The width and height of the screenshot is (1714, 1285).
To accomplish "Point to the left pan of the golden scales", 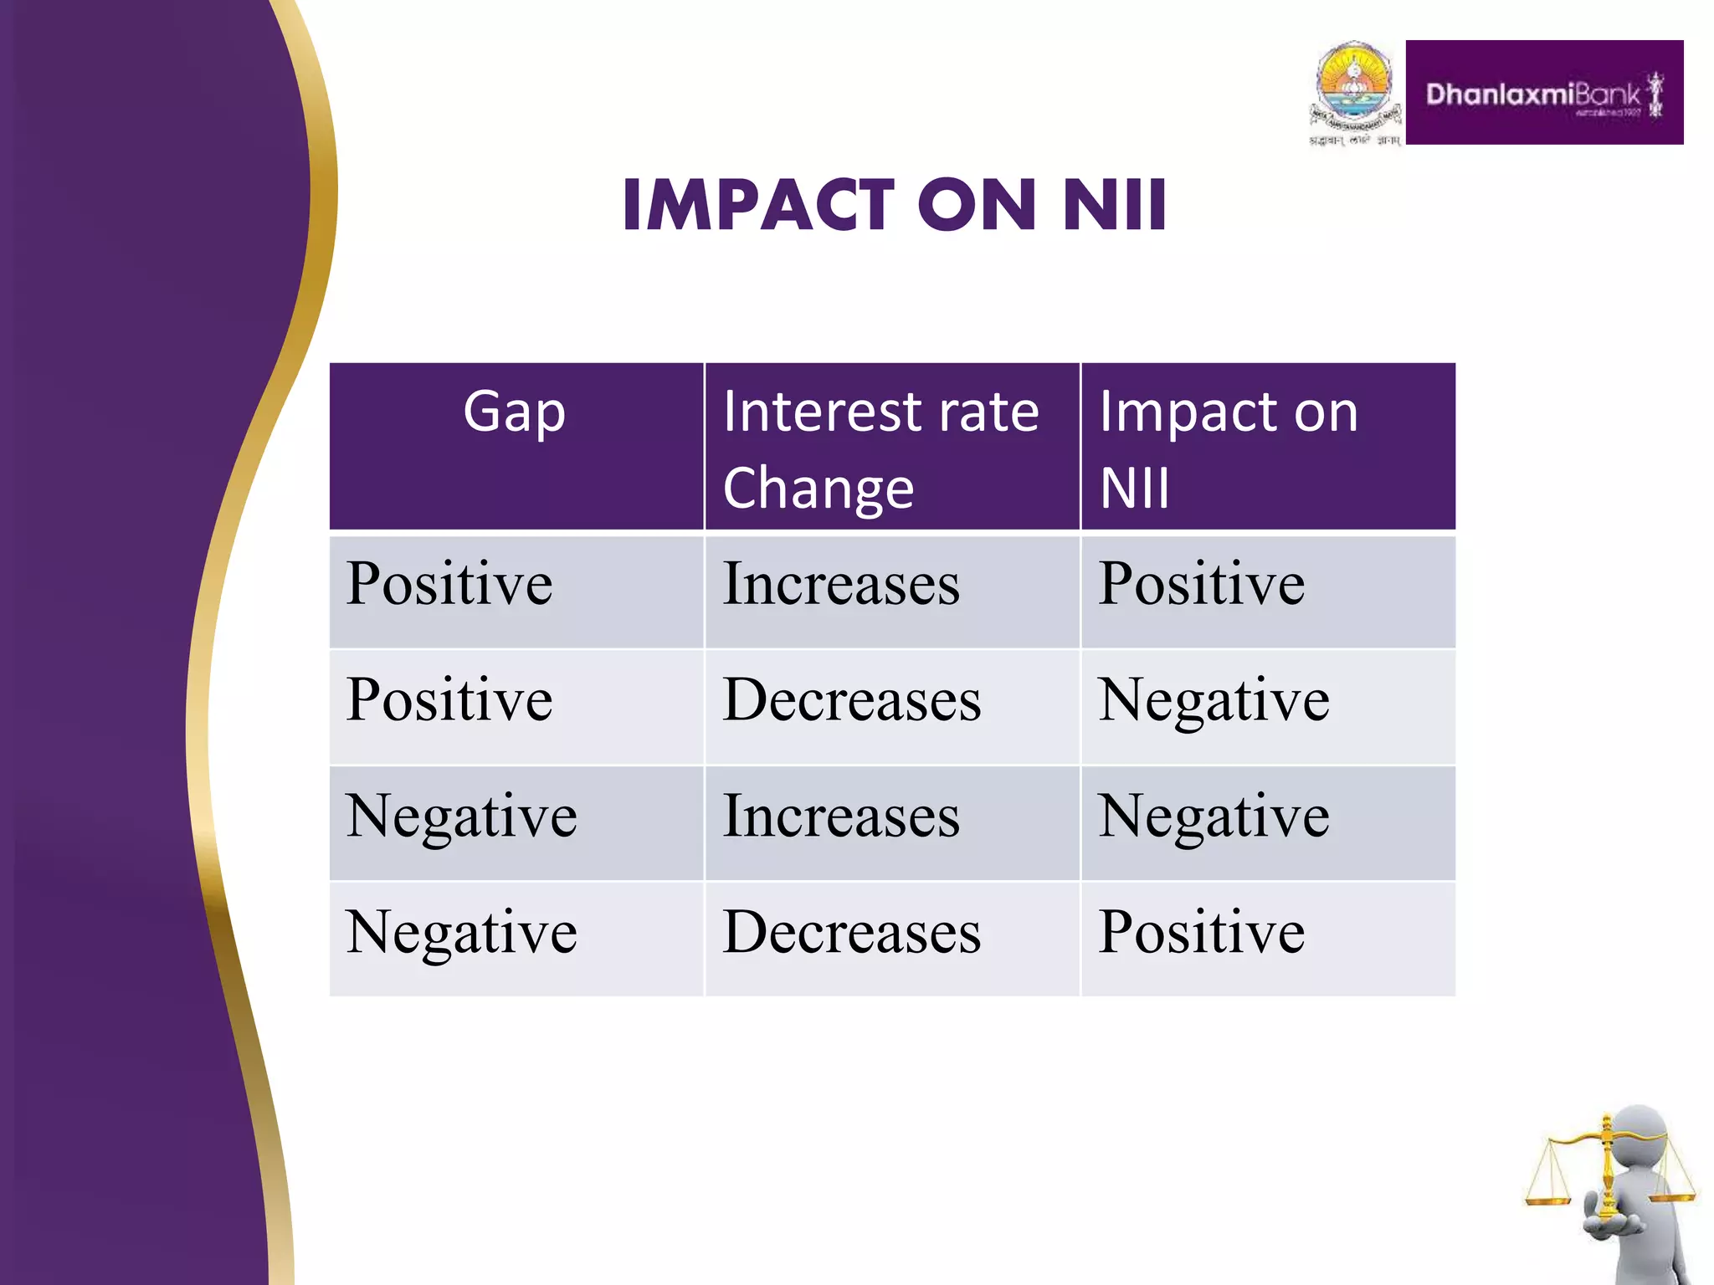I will [1548, 1198].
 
